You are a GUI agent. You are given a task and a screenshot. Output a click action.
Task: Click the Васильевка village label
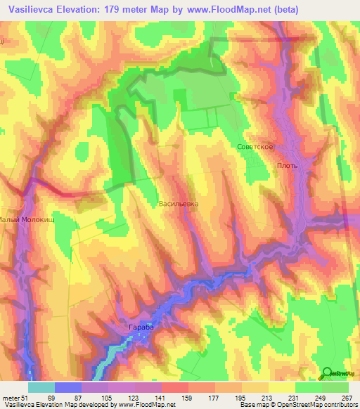[178, 203]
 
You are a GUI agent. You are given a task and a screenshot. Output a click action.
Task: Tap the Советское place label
[255, 146]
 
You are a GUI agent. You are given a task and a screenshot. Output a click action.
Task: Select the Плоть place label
[288, 166]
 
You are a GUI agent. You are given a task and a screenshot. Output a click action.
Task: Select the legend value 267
[347, 398]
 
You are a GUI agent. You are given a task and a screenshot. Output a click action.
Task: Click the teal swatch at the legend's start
[41, 387]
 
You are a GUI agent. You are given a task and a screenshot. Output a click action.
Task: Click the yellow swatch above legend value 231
[281, 387]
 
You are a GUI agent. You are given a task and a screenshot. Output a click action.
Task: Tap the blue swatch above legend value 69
[68, 387]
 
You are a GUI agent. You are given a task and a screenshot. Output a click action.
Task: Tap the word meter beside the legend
[11, 398]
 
